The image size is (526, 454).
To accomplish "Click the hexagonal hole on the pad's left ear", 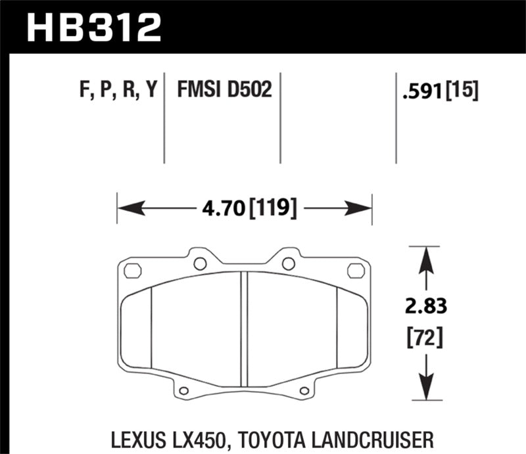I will pyautogui.click(x=131, y=269).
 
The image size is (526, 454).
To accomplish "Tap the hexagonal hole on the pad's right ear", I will pyautogui.click(x=355, y=269).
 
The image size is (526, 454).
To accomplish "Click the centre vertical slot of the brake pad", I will pyautogui.click(x=244, y=329).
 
